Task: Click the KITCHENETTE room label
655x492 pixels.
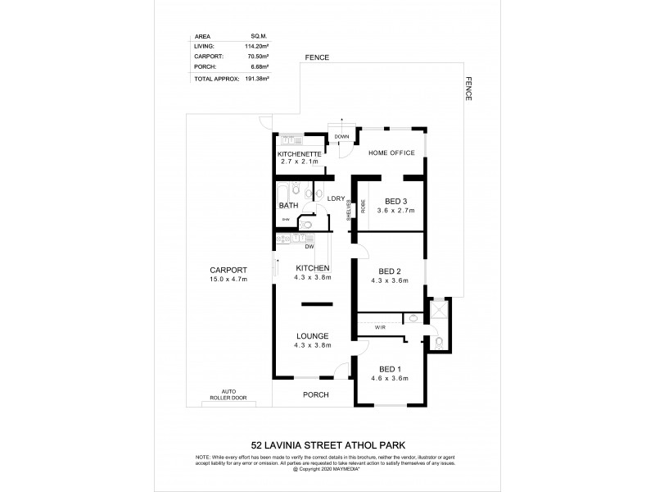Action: [300, 155]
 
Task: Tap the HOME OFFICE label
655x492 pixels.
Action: [391, 153]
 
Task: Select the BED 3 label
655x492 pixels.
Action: [396, 201]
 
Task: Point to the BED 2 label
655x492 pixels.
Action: [390, 271]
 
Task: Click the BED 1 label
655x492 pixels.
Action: [390, 368]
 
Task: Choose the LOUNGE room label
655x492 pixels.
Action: [314, 335]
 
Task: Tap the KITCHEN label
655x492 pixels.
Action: [314, 268]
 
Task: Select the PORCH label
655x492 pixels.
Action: [315, 394]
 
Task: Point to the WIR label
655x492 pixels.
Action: [380, 326]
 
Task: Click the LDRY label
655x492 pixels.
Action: [335, 198]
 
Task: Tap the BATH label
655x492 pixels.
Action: [288, 205]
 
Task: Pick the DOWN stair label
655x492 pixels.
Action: [341, 136]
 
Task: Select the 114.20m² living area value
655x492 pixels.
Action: [259, 47]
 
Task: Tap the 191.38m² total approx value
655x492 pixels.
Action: [259, 79]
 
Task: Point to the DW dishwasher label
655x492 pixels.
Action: [310, 246]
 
